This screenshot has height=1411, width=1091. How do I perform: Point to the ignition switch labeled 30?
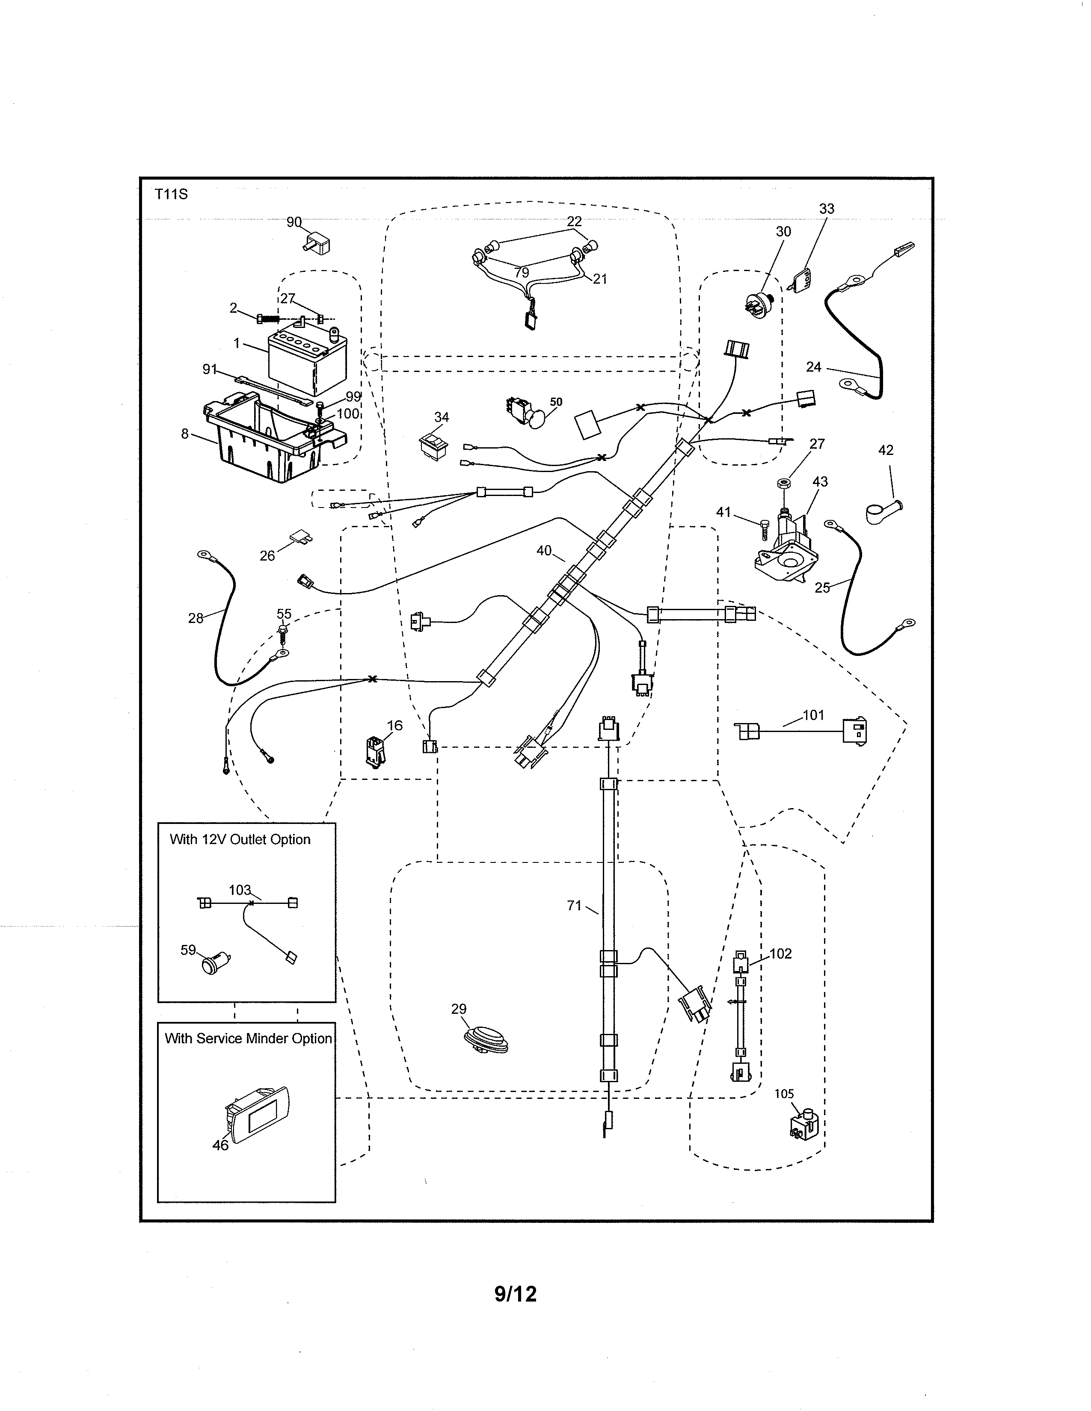759,304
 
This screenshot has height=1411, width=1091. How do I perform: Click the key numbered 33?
801,280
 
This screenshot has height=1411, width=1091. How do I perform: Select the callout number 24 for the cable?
813,367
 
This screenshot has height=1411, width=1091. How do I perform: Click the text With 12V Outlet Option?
240,839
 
